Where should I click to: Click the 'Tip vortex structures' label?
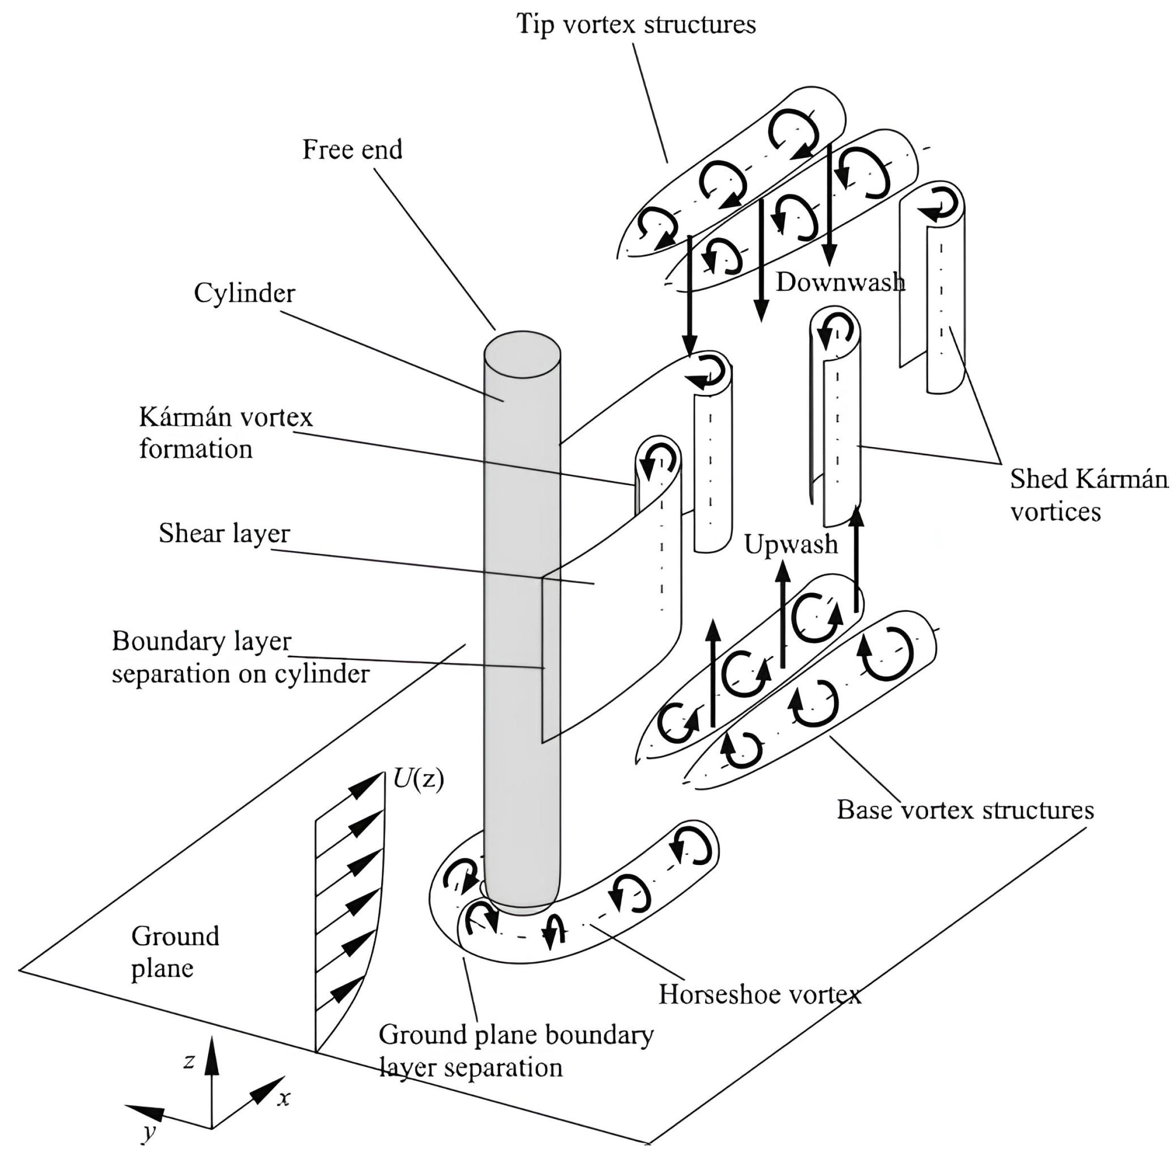[635, 24]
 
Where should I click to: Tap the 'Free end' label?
[353, 149]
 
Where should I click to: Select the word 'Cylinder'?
[244, 293]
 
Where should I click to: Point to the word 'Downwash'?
[840, 282]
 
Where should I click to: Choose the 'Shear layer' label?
[224, 533]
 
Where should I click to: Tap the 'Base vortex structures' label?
[965, 810]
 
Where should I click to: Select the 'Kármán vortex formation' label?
[225, 433]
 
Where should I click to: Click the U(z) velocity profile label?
[418, 778]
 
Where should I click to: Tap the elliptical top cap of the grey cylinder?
[522, 354]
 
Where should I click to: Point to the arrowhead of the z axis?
[211, 1057]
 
